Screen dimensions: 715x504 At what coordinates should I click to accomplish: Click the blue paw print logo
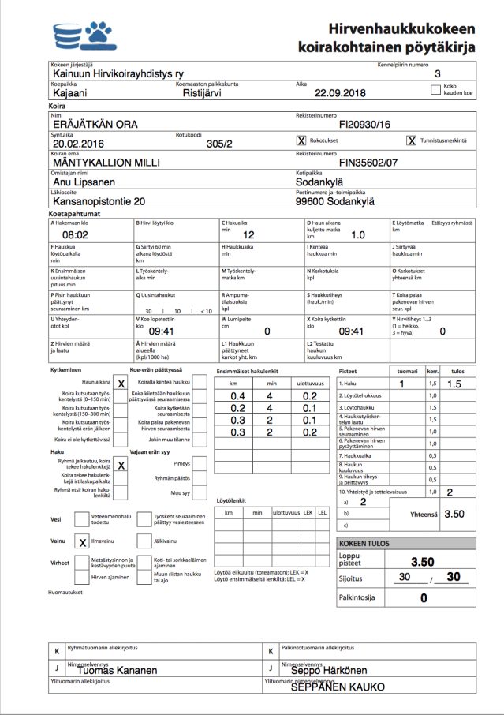click(99, 34)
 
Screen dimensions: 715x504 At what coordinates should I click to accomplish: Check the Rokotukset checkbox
click(301, 140)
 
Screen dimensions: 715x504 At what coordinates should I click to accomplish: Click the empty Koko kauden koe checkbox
click(436, 90)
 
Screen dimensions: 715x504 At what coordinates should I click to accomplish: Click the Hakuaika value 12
click(248, 235)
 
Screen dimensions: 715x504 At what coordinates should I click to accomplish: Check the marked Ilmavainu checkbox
click(83, 542)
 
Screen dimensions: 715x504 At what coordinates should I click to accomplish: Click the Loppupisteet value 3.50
click(423, 562)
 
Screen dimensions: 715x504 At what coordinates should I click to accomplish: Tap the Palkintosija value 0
click(423, 597)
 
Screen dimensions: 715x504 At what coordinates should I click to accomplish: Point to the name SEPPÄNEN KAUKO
click(338, 687)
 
